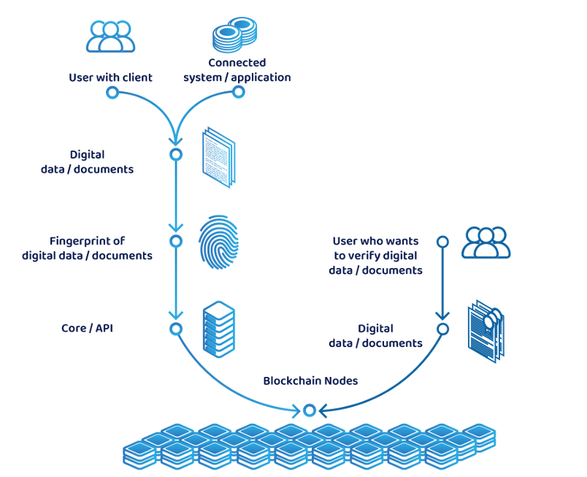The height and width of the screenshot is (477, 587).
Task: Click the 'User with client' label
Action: point(111,77)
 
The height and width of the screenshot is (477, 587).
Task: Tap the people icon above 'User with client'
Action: point(111,37)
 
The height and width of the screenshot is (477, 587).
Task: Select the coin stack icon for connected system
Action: point(235,35)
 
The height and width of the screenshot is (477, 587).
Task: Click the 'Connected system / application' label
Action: point(237,70)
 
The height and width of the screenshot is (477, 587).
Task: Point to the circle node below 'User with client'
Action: point(112,93)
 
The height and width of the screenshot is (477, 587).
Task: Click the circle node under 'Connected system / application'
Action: point(237,92)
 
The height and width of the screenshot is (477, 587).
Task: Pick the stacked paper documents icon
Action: point(219,157)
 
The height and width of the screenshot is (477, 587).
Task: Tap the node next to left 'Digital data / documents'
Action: point(176,155)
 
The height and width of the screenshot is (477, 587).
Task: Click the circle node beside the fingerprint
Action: point(176,241)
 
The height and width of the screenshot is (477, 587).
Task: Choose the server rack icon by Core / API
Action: point(219,329)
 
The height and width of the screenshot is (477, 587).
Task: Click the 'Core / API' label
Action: point(87,329)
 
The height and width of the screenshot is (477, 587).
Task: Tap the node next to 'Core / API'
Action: point(176,329)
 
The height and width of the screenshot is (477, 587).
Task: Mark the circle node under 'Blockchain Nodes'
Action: point(309,410)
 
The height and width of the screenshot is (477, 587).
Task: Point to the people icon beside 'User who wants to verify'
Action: point(486,243)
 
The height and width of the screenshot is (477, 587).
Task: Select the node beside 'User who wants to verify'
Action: point(442,241)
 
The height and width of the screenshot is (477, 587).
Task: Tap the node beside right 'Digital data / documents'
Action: point(442,329)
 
